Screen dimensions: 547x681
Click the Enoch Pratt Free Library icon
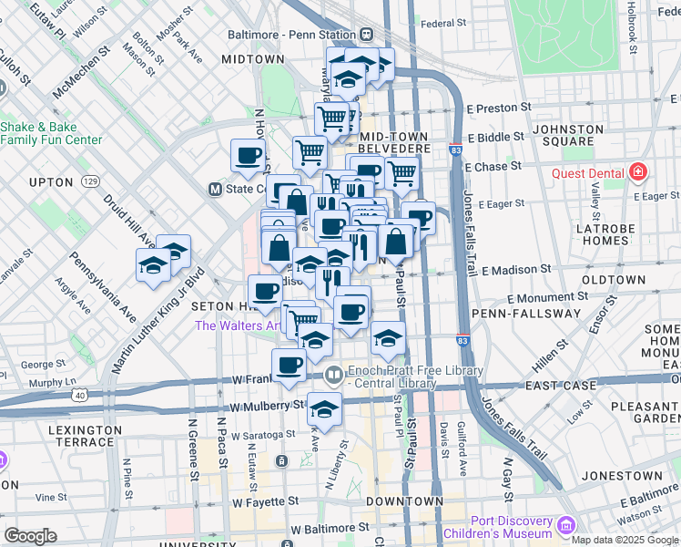[x=334, y=374]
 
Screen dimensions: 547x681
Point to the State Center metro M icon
[x=216, y=190]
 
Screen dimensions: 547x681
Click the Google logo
[x=30, y=535]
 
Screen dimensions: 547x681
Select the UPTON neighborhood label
[x=50, y=182]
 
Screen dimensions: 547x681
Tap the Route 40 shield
[x=80, y=395]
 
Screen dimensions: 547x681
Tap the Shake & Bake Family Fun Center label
[x=51, y=133]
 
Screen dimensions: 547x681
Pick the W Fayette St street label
[x=266, y=502]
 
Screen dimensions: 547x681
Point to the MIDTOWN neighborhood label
[x=253, y=59]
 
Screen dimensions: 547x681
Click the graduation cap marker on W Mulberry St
[x=324, y=408]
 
